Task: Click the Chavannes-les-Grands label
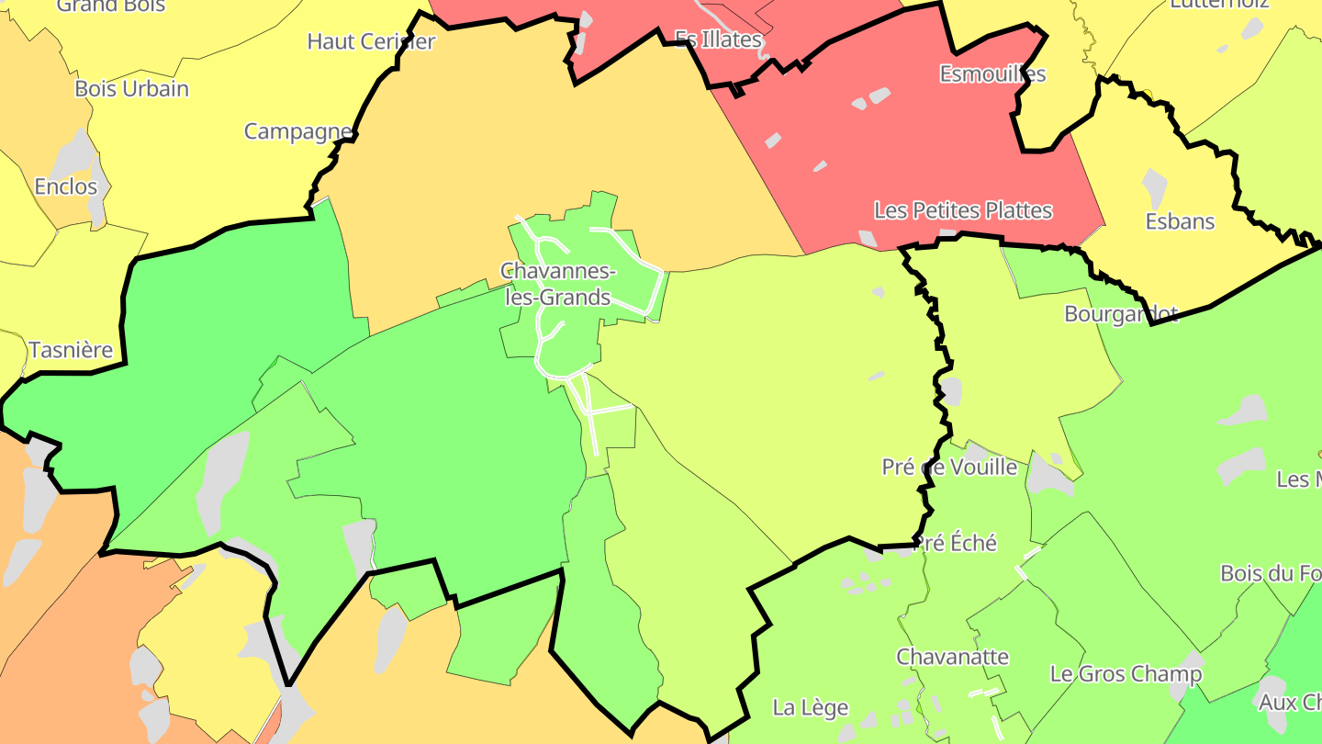click(556, 284)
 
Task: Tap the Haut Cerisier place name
click(371, 41)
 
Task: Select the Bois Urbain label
click(131, 89)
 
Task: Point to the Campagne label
click(298, 132)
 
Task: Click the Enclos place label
click(65, 187)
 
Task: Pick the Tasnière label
click(71, 350)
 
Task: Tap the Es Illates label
click(718, 39)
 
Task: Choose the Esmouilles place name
click(992, 73)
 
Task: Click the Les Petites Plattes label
click(963, 210)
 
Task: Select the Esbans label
click(1180, 221)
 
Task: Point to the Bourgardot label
click(1121, 314)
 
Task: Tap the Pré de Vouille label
click(949, 467)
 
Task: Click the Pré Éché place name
click(957, 543)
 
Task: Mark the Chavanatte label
click(952, 657)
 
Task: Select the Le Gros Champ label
click(1126, 674)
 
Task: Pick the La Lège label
click(811, 707)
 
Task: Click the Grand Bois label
click(111, 6)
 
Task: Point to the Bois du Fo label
click(1271, 573)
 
